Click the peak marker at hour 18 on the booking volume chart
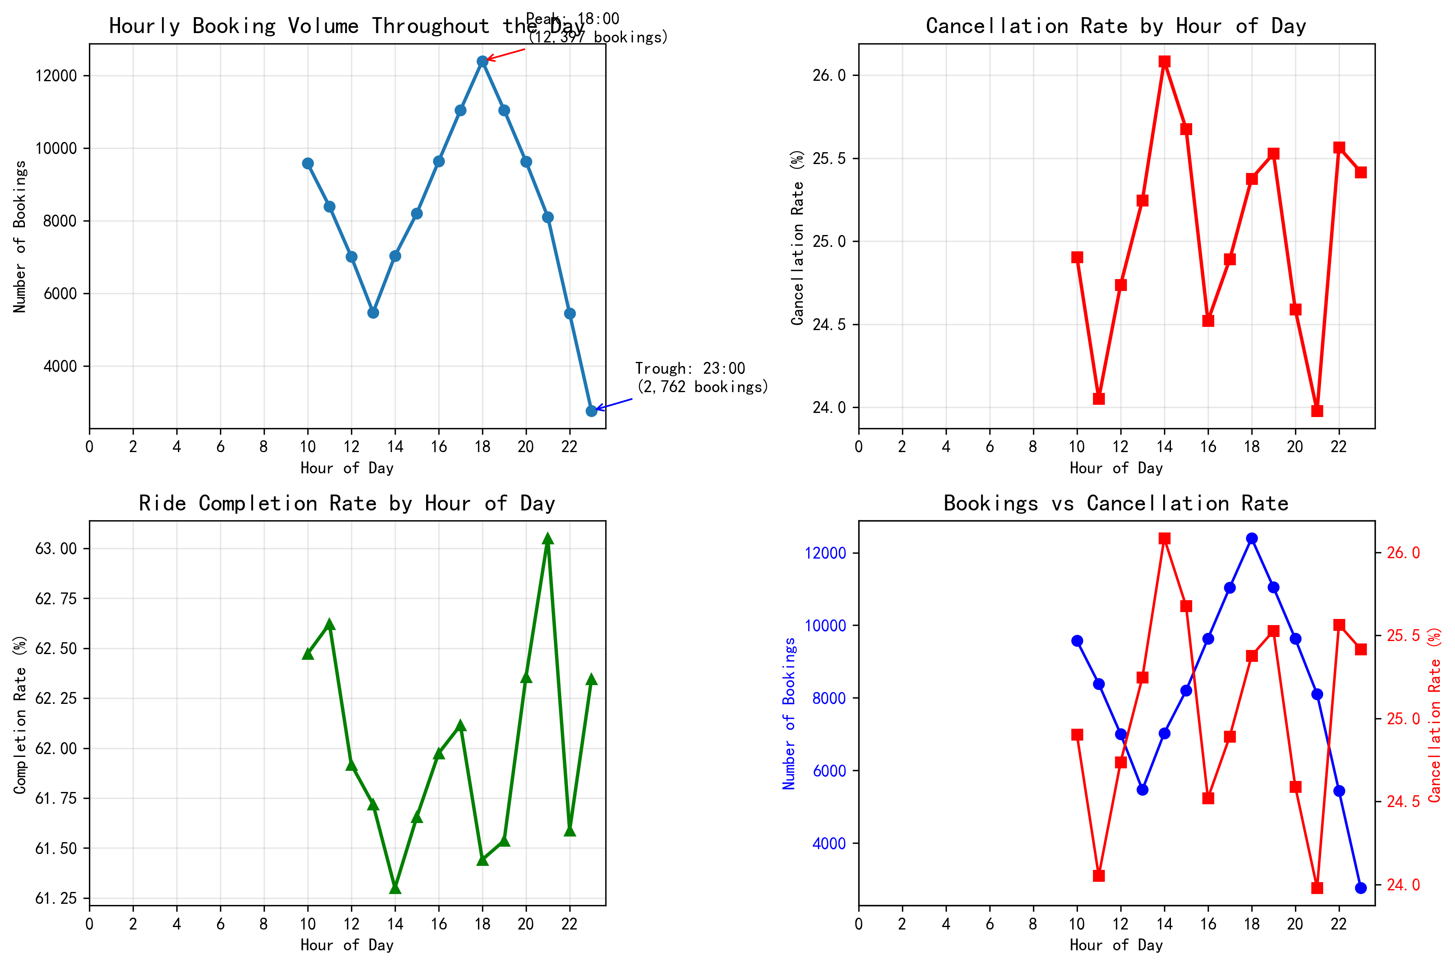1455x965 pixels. tap(482, 61)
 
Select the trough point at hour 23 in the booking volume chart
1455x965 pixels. tap(591, 410)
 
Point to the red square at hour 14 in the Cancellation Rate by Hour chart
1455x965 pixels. tap(1164, 62)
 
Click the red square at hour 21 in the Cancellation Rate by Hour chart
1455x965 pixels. tap(1317, 410)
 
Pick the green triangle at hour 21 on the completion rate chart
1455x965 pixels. tap(548, 539)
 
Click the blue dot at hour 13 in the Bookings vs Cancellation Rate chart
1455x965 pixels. tap(1143, 790)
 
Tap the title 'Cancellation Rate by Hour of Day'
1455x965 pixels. tap(1116, 26)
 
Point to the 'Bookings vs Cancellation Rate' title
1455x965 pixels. tap(1116, 504)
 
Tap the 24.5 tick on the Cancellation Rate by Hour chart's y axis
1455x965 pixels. tap(829, 324)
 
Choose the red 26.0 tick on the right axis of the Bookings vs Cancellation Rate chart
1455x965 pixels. tap(1403, 552)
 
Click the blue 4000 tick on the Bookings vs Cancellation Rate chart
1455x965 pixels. tap(829, 843)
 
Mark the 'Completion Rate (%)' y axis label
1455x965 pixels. tap(20, 714)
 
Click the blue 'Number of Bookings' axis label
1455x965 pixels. tap(789, 714)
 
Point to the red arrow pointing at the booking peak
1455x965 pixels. tap(506, 54)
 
